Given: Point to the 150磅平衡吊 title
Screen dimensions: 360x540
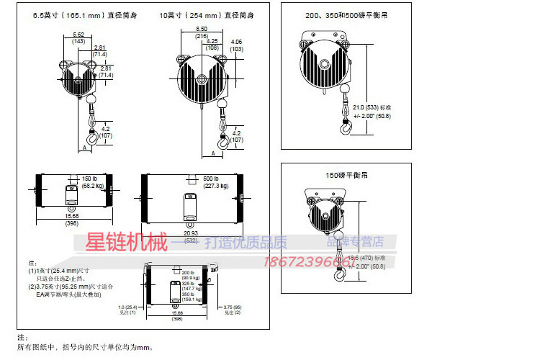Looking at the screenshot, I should (346, 175).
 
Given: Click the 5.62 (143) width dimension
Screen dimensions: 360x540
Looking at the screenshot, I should (79, 37).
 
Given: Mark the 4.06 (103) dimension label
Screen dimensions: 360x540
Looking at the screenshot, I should (237, 45).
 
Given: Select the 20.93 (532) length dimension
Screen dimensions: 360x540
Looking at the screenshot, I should (190, 236).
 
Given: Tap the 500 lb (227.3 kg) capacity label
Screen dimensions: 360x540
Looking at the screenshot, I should (217, 181).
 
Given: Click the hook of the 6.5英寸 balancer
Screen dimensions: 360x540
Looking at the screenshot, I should (91, 137).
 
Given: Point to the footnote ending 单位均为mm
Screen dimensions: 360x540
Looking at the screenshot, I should (86, 347).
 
